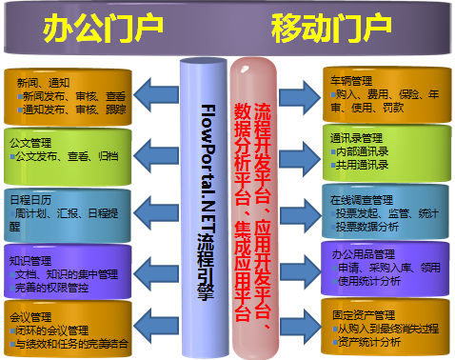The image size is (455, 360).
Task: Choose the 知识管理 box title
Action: [30, 260]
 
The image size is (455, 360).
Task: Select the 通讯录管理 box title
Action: [353, 137]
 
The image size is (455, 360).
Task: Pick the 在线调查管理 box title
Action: [361, 201]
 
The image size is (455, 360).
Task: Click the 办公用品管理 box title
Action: [357, 254]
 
